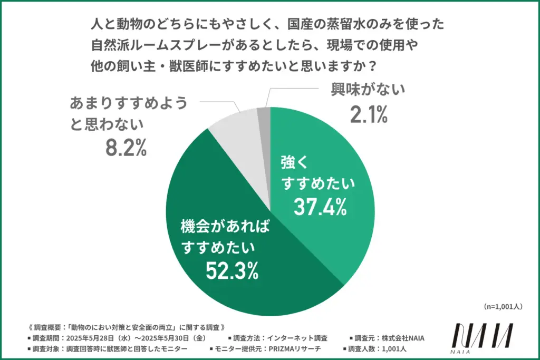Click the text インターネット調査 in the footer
click(295, 338)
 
